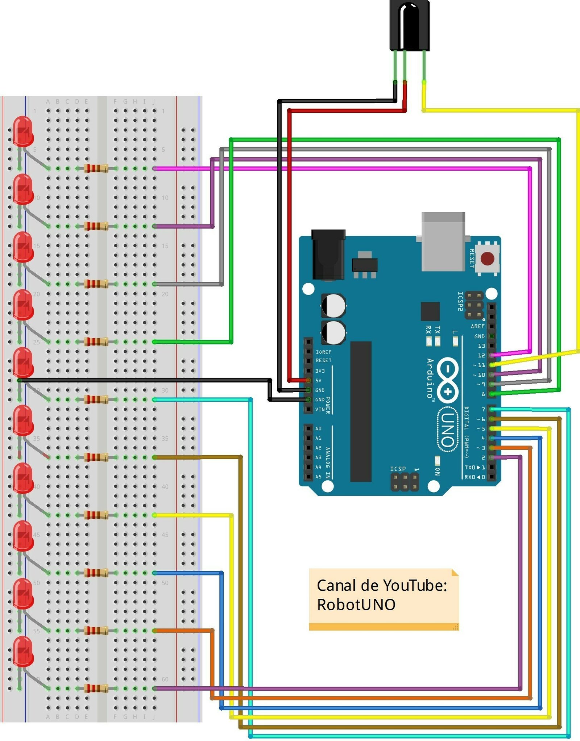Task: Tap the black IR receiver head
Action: [409, 25]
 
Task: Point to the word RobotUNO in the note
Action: [356, 605]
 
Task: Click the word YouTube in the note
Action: [415, 586]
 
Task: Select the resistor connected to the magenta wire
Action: [96, 168]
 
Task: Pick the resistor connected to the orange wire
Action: [96, 631]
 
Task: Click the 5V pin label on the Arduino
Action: [318, 381]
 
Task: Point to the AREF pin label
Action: [477, 326]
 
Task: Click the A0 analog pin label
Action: [318, 428]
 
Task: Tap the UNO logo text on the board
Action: [447, 430]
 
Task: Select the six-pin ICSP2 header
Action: [474, 305]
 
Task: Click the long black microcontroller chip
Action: [361, 411]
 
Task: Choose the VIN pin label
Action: [320, 409]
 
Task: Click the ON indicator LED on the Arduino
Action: [438, 460]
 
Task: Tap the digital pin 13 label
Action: [481, 346]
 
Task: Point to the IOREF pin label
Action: [323, 352]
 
